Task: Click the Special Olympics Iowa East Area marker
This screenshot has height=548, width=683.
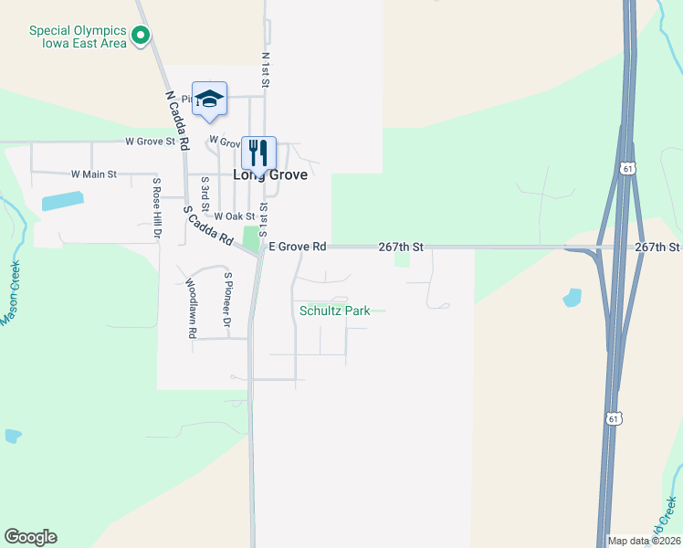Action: tap(141, 37)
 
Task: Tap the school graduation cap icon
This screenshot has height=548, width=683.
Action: tap(209, 100)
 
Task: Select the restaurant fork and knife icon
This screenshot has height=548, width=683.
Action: tap(258, 153)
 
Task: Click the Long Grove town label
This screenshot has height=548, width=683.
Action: tap(269, 175)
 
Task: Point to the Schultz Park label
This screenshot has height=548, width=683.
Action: tap(335, 311)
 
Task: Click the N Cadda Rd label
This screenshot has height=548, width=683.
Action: tap(176, 120)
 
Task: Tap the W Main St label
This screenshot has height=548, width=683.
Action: tap(94, 174)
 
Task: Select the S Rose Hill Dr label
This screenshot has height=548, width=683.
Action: tap(156, 209)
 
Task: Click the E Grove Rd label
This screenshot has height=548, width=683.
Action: tap(297, 247)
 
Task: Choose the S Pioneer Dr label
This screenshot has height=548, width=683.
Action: tap(227, 299)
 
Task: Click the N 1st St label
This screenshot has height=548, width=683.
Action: tap(266, 69)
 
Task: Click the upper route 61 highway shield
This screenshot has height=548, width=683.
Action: tap(625, 168)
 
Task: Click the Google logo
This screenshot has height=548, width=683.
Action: tap(30, 537)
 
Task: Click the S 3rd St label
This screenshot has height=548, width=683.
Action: tap(205, 194)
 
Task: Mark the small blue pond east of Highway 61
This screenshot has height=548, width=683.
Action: tap(573, 297)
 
